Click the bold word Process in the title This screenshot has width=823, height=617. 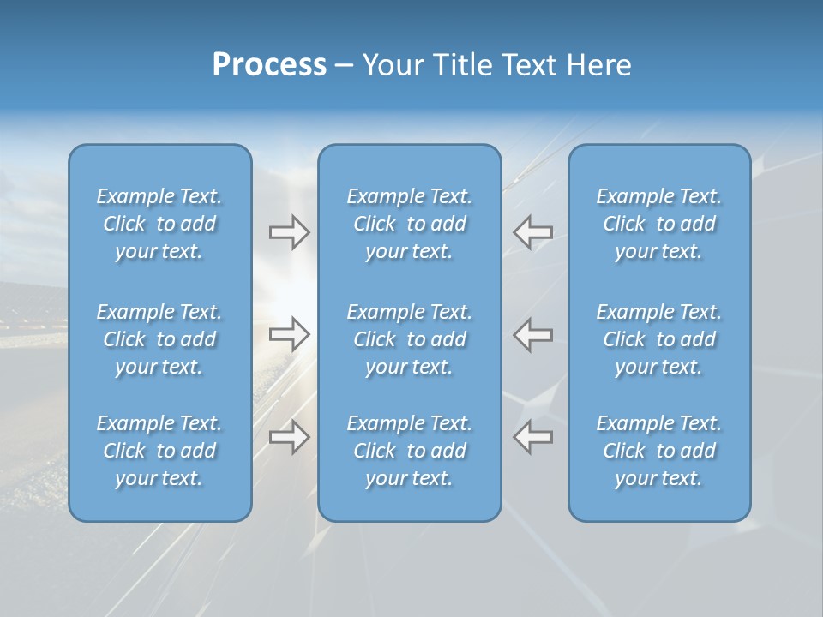point(269,65)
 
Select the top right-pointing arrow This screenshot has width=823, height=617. point(289,231)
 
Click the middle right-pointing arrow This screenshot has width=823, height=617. point(289,334)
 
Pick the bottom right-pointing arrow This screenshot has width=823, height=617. point(289,436)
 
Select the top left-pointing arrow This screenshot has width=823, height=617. point(532,231)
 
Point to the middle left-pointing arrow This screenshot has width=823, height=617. point(532,334)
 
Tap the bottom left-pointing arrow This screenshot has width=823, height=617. point(532,436)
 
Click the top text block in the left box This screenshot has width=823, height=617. point(159,224)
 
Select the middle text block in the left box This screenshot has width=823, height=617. point(159,339)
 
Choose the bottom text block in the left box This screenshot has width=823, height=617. point(159,451)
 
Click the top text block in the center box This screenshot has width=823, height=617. point(409,224)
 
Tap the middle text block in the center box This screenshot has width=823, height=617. point(409,339)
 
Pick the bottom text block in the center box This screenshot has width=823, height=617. point(409,451)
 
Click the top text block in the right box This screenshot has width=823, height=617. point(659,224)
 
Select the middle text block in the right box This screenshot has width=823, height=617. point(659,339)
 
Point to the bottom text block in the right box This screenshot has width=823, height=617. point(659,451)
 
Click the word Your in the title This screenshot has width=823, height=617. point(393,65)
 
